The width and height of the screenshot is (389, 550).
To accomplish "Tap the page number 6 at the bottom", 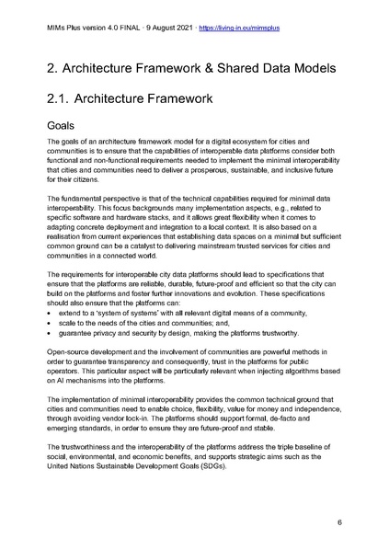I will point(339,521).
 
